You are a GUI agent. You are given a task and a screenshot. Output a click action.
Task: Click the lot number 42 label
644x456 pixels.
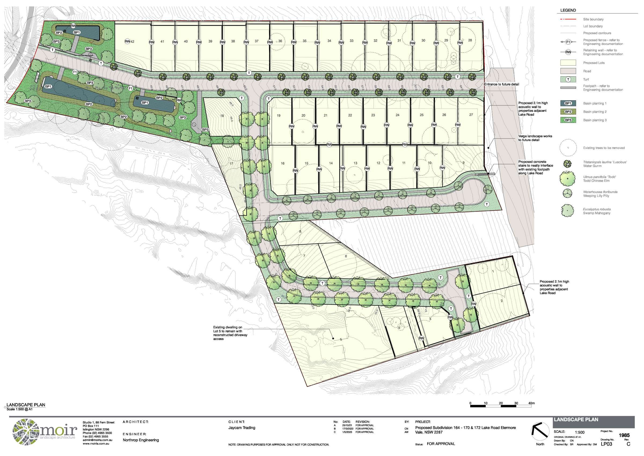pyautogui.click(x=132, y=42)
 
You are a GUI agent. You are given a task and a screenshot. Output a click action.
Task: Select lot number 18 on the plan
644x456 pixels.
pyautogui.click(x=222, y=116)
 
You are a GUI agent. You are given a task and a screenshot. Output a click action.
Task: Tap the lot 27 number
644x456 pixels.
pyautogui.click(x=471, y=115)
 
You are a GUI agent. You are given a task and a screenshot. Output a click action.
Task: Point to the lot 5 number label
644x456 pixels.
pyautogui.click(x=341, y=339)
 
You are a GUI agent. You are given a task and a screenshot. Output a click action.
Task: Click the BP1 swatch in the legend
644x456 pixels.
pyautogui.click(x=568, y=104)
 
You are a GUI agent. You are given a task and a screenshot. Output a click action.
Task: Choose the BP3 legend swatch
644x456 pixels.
pyautogui.click(x=568, y=120)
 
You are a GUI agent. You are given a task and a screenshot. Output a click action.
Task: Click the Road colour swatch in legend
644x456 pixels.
pyautogui.click(x=568, y=71)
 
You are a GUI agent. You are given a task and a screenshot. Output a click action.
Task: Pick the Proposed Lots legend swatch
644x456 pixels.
pyautogui.click(x=568, y=63)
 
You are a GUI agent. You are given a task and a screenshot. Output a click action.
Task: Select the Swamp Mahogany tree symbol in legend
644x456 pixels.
pyautogui.click(x=568, y=211)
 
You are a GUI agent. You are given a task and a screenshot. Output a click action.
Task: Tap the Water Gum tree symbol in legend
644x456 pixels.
pyautogui.click(x=568, y=164)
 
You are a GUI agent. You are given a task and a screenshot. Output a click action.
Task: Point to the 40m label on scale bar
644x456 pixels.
pyautogui.click(x=531, y=403)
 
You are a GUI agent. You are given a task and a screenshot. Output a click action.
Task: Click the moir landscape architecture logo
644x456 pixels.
pyautogui.click(x=45, y=432)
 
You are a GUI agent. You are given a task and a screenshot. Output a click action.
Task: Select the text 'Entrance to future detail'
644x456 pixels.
pyautogui.click(x=502, y=84)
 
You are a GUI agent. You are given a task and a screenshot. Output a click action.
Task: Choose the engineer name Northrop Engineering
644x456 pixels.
pyautogui.click(x=141, y=440)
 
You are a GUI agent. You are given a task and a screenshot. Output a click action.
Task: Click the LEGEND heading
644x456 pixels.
pyautogui.click(x=568, y=10)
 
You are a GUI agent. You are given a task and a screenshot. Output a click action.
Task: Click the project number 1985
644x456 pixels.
pyautogui.click(x=624, y=436)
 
